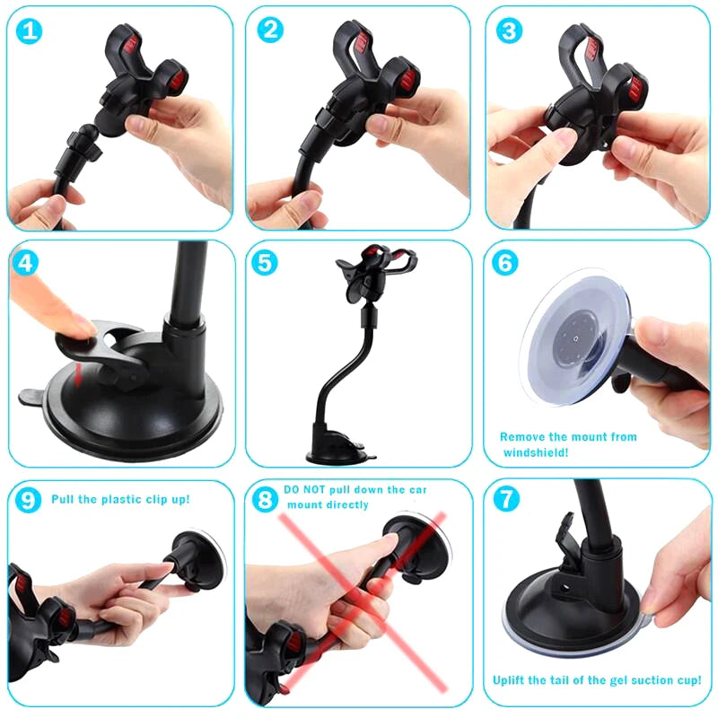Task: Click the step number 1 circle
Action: [x=31, y=31]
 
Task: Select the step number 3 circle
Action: [x=510, y=31]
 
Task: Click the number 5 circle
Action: [x=267, y=263]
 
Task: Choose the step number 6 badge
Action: [x=506, y=263]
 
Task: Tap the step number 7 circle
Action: [x=508, y=500]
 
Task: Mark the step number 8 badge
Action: [x=266, y=500]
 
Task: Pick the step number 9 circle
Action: [x=29, y=500]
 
